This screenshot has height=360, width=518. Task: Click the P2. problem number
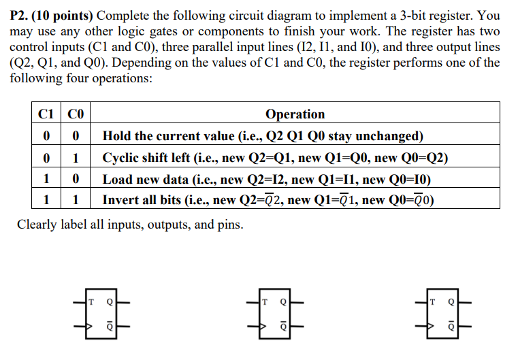tap(19, 16)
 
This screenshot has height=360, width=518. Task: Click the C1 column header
tap(46, 114)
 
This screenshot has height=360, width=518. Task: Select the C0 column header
tap(76, 114)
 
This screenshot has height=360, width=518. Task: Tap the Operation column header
tap(295, 114)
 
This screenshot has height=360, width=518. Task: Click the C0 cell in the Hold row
tap(76, 135)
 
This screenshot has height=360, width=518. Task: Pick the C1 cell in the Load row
tap(46, 179)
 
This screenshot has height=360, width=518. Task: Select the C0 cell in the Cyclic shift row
tap(76, 158)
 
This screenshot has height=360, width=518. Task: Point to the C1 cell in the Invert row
tap(46, 199)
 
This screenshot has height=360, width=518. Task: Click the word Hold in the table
tap(115, 135)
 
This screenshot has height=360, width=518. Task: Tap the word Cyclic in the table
tap(120, 158)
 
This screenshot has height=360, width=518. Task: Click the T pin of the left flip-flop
tap(91, 302)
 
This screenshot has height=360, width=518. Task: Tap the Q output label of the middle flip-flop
tap(283, 302)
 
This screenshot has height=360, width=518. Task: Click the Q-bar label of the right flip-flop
tap(451, 326)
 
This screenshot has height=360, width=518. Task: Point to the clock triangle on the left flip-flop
tap(89, 326)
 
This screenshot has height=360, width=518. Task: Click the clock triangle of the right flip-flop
tap(430, 326)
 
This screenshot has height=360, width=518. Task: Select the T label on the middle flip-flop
tap(265, 302)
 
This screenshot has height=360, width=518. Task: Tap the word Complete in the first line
tap(123, 16)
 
